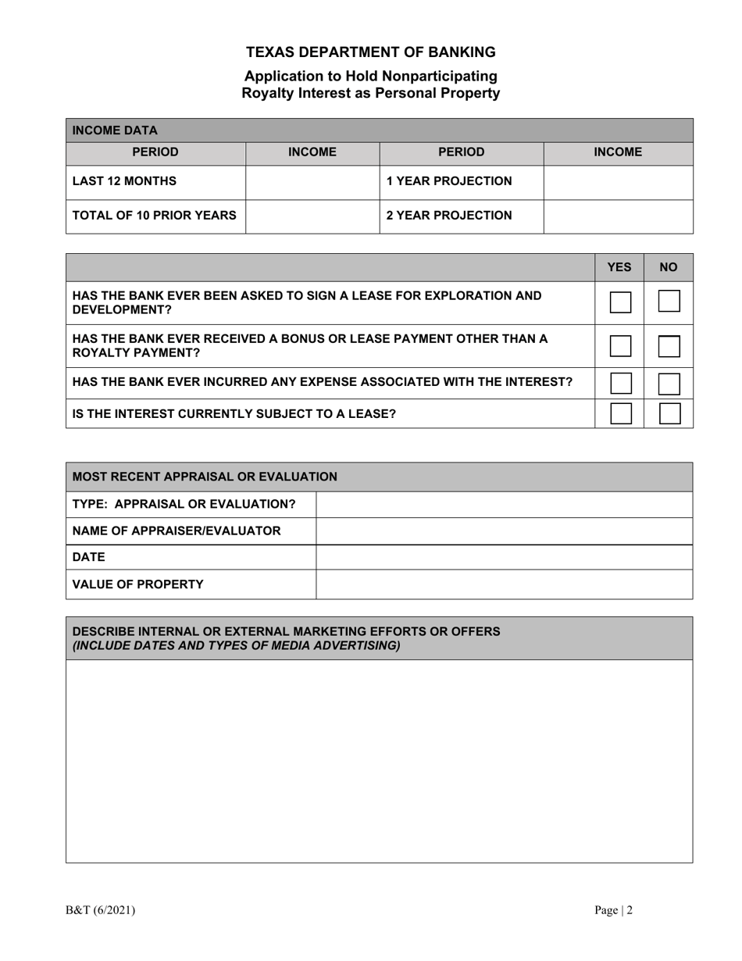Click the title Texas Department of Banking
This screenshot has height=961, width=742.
pos(371,52)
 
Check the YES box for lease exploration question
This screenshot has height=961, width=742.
pos(620,302)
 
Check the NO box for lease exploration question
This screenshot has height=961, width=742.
pos(669,302)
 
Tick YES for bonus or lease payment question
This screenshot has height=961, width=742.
pos(620,346)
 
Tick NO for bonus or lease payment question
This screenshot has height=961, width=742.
pos(669,346)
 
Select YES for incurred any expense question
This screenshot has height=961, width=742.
pos(620,383)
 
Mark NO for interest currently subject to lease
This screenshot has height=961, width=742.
pos(669,413)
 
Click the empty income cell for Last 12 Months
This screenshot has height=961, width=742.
pos(312,182)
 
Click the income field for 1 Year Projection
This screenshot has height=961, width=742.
pos(618,182)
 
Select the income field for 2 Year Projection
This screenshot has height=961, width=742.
pos(618,216)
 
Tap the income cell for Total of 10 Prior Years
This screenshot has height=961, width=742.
pos(312,216)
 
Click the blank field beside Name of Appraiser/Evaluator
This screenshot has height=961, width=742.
pos(504,531)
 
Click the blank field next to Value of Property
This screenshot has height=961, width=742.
pos(504,584)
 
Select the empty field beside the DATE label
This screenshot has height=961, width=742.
pos(504,557)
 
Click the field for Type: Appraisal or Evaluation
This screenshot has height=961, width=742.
pos(504,505)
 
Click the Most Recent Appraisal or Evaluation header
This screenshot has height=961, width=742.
pos(205,477)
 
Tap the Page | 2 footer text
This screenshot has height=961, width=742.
pos(613,910)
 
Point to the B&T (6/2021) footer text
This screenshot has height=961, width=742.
pos(100,910)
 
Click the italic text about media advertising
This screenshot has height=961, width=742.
pos(236,645)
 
